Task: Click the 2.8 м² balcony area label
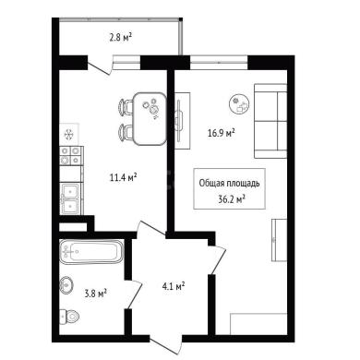click(x=121, y=38)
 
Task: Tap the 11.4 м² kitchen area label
click(x=124, y=177)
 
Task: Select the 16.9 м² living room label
click(x=222, y=133)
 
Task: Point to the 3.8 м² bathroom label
click(x=95, y=293)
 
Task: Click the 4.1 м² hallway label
click(x=174, y=286)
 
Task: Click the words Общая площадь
click(x=230, y=184)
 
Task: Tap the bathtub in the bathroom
click(x=91, y=251)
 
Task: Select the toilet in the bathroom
click(x=70, y=316)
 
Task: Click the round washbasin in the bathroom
click(x=66, y=285)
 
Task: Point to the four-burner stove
click(x=71, y=155)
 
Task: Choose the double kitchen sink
click(x=71, y=198)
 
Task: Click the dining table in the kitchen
click(x=150, y=119)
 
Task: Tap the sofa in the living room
click(x=270, y=121)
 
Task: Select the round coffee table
click(x=240, y=104)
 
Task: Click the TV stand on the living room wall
click(x=183, y=121)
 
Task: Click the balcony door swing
click(x=100, y=66)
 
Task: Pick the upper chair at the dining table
click(x=126, y=107)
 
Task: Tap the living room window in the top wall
click(x=219, y=63)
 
